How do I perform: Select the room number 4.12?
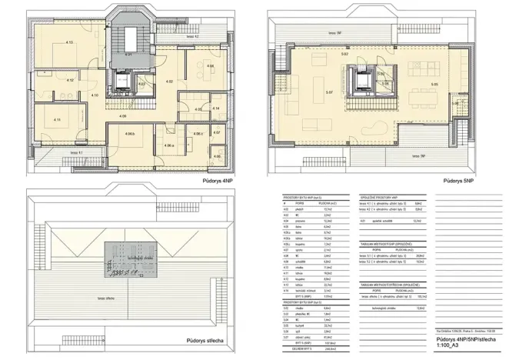69,80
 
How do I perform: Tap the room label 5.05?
434,84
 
